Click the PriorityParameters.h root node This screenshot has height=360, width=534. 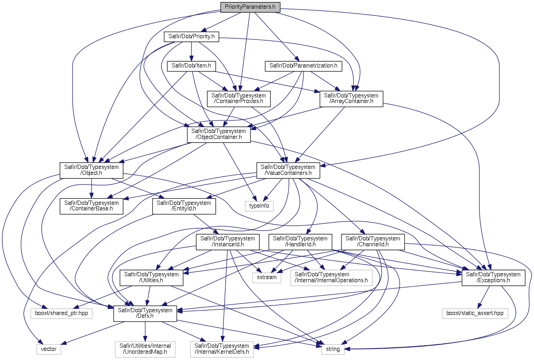click(x=250, y=7)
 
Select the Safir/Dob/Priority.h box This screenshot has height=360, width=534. click(x=191, y=37)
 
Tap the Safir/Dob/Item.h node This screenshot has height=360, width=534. click(x=191, y=66)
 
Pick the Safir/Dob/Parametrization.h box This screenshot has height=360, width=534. click(x=303, y=66)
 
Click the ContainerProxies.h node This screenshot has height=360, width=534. click(x=239, y=98)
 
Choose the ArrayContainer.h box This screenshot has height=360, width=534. click(x=351, y=98)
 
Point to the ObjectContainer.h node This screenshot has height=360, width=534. click(x=219, y=134)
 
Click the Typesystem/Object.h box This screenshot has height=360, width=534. click(x=92, y=170)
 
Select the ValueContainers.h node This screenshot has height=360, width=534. click(x=288, y=170)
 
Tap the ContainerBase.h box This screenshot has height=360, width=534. click(x=92, y=206)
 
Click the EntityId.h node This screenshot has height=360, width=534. click(x=184, y=206)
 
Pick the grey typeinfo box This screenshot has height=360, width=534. click(x=259, y=206)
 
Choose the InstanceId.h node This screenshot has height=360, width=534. click(x=228, y=242)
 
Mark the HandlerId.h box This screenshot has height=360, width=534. click(x=300, y=242)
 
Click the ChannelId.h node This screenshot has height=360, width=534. click(x=373, y=242)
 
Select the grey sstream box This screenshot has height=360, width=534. click(x=267, y=277)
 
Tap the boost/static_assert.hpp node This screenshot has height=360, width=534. click(x=475, y=313)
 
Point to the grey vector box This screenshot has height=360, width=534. click(x=49, y=349)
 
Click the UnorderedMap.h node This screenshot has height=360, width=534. click(x=145, y=349)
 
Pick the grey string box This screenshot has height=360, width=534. click(x=333, y=349)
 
